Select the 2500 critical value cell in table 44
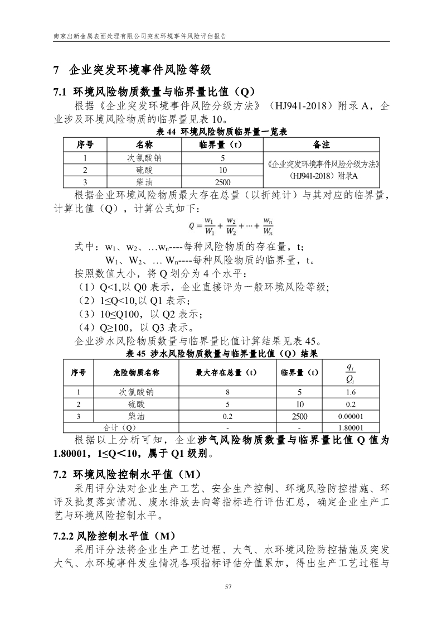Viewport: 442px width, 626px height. (222, 182)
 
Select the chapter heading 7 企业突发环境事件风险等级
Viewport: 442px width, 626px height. (131, 70)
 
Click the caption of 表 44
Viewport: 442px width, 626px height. (222, 132)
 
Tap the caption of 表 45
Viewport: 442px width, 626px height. (222, 354)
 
